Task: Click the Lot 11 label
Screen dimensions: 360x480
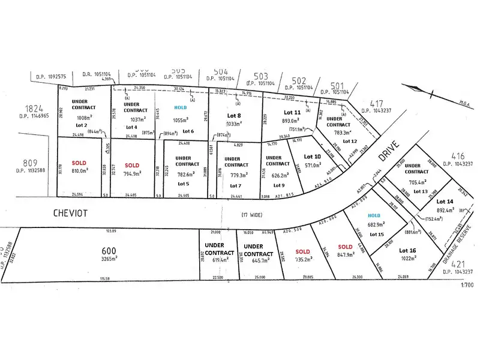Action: pos(292,112)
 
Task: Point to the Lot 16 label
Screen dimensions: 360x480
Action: pos(407,250)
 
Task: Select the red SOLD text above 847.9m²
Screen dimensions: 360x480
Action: pos(344,247)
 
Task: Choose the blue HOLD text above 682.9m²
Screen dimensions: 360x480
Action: pos(374,215)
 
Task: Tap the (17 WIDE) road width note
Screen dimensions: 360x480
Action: pos(252,214)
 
